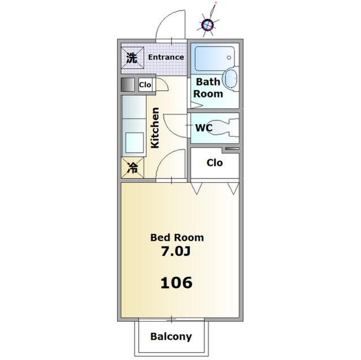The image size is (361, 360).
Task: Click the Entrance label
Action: coord(166,57)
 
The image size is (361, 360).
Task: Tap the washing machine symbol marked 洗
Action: coord(131,57)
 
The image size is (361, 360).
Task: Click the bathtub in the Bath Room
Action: coord(214,57)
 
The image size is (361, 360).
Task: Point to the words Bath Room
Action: coord(208,88)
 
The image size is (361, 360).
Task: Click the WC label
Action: coord(204,127)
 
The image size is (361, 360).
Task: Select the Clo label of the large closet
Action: coord(214,163)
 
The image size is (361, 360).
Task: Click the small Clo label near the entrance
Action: coord(145,85)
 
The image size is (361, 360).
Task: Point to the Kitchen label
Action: coord(155,127)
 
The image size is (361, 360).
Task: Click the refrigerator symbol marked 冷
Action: coord(132,167)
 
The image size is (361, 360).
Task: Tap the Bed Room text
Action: coord(177,237)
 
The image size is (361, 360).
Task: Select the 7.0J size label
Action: coord(177,251)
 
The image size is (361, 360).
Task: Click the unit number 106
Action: coord(177,282)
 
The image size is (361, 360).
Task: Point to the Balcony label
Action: coord(171,337)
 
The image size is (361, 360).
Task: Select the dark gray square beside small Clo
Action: coord(128,85)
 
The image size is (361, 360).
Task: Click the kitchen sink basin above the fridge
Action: coord(135,141)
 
